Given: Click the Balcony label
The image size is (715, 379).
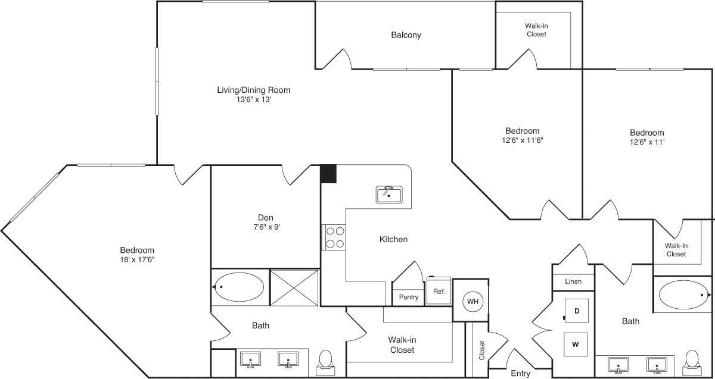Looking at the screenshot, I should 406,35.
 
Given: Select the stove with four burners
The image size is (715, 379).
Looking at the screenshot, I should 334,237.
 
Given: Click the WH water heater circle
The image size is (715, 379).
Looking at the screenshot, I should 472,302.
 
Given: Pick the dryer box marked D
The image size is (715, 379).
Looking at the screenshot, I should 576,311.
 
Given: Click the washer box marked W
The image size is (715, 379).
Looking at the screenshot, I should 576,344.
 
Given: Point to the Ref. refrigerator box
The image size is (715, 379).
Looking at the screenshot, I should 439,292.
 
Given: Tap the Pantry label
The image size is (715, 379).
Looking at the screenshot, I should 408,297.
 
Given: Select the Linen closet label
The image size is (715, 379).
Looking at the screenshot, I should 573,281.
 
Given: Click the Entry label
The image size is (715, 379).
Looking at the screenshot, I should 520,374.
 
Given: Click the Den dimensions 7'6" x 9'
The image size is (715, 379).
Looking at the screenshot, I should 265,227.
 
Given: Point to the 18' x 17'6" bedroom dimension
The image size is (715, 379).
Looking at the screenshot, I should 137,259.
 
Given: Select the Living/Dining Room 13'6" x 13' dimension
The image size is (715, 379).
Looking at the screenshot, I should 253,100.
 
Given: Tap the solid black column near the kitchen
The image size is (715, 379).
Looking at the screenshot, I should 328,174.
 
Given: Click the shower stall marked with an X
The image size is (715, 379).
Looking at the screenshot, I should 294,287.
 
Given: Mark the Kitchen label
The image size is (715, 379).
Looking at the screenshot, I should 393,239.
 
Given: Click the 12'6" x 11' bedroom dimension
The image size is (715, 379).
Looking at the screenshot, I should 646,142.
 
